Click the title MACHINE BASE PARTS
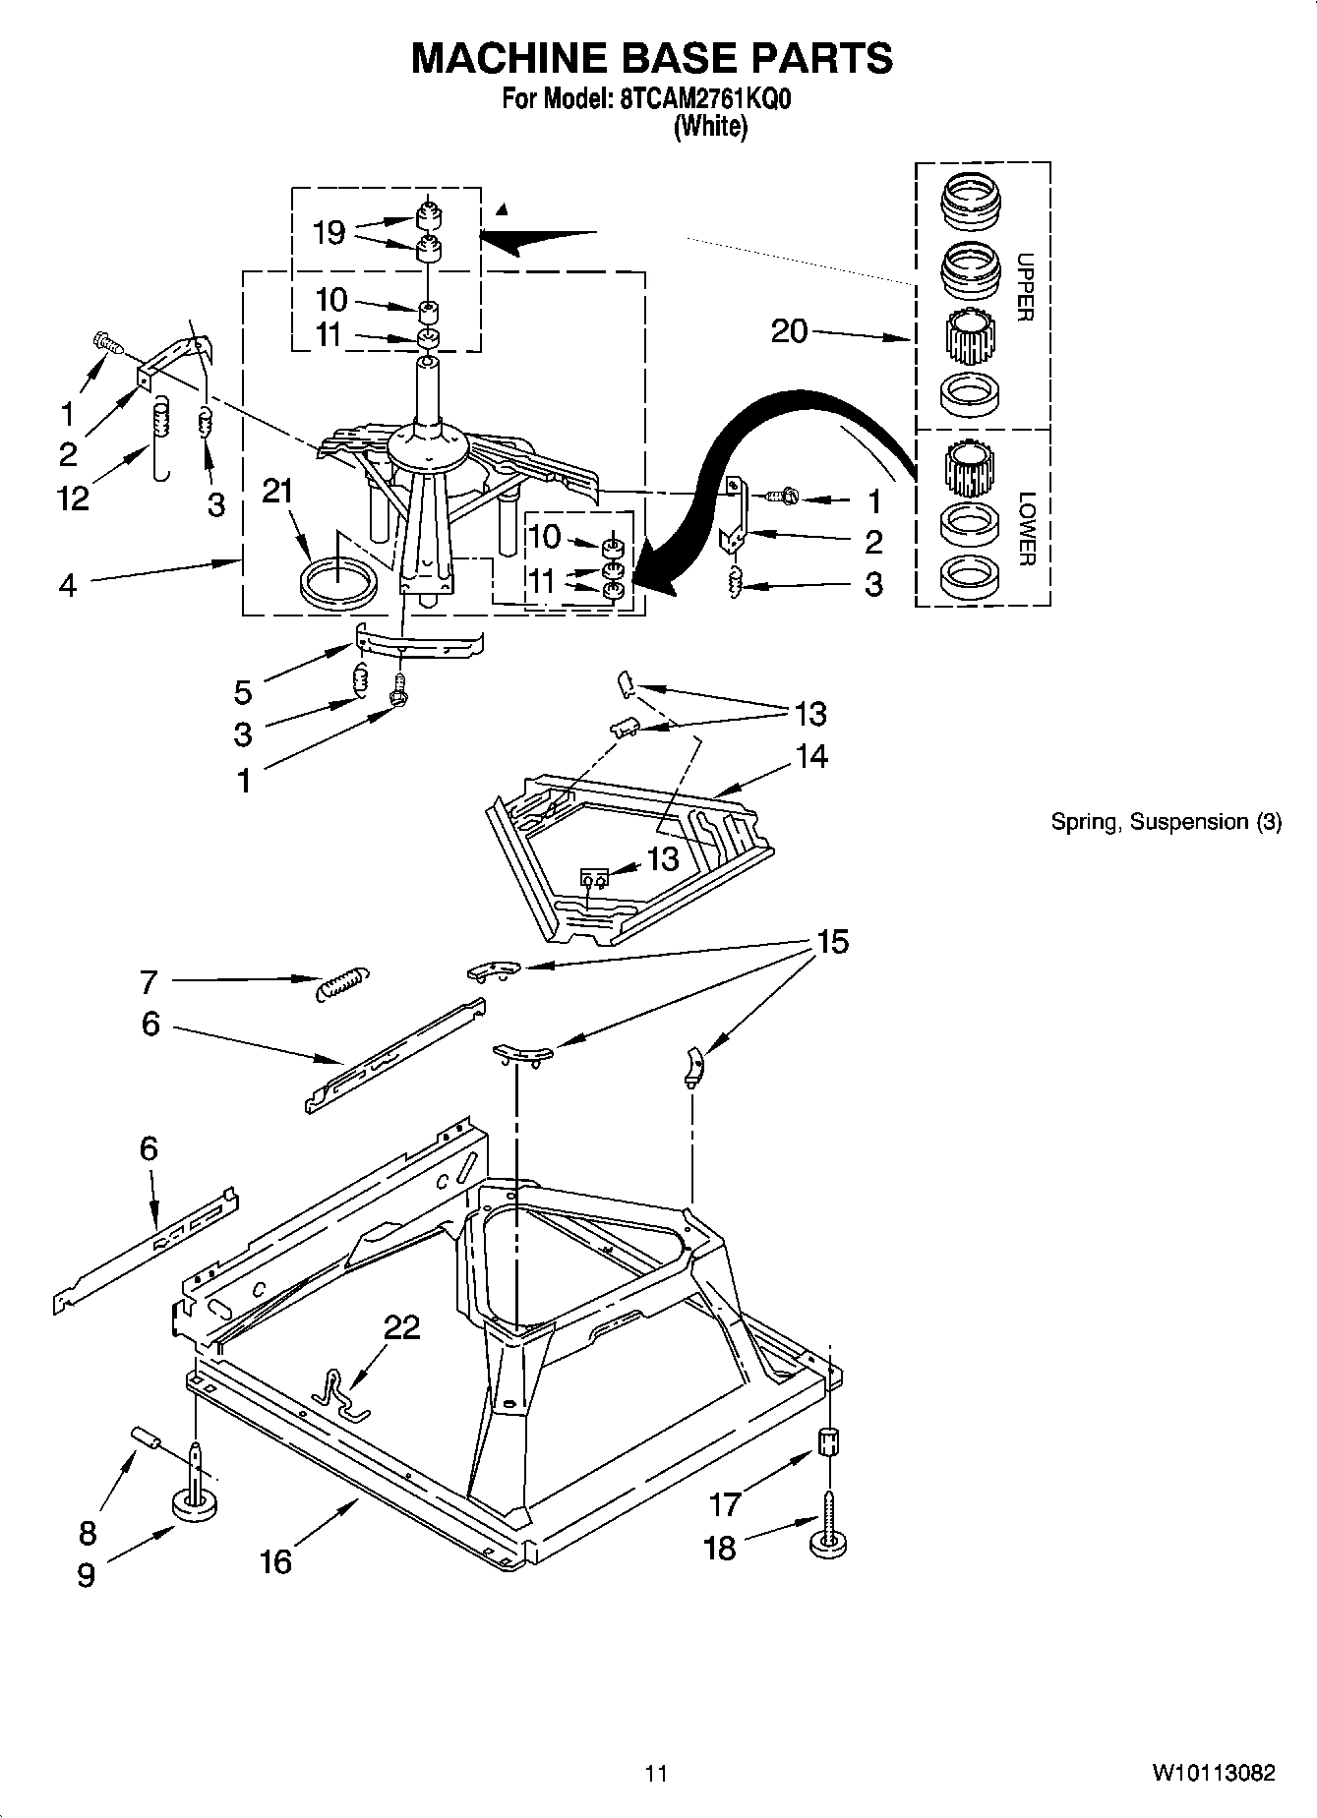click(651, 59)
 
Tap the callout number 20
click(789, 331)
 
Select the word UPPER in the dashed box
click(1025, 287)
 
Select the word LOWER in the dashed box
click(1025, 529)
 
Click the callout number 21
click(277, 491)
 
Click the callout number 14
click(811, 756)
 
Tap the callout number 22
click(401, 1327)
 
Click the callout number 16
click(276, 1561)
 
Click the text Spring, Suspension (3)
click(1166, 822)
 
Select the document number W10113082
click(1214, 1774)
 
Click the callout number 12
click(73, 498)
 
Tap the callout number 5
click(243, 692)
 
